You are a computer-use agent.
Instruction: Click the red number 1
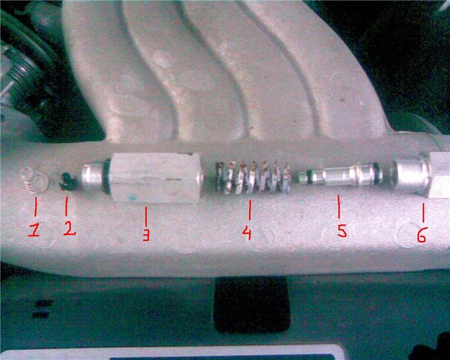34,231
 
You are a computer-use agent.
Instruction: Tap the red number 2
70,229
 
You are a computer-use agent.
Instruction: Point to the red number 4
247,233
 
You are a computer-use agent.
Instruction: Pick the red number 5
342,231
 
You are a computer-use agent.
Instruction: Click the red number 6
422,235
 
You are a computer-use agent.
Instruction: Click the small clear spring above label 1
34,179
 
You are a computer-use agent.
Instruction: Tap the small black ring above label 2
68,181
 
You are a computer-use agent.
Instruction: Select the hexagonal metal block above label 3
155,178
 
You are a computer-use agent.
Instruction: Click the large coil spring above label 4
253,177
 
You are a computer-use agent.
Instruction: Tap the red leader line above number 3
146,217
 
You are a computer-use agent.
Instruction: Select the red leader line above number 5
339,207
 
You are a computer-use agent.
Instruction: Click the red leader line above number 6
423,213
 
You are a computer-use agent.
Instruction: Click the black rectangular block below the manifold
252,304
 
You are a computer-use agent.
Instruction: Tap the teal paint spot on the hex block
132,198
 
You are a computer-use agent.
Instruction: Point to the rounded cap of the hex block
92,178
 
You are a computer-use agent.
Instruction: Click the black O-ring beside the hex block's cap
106,176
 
